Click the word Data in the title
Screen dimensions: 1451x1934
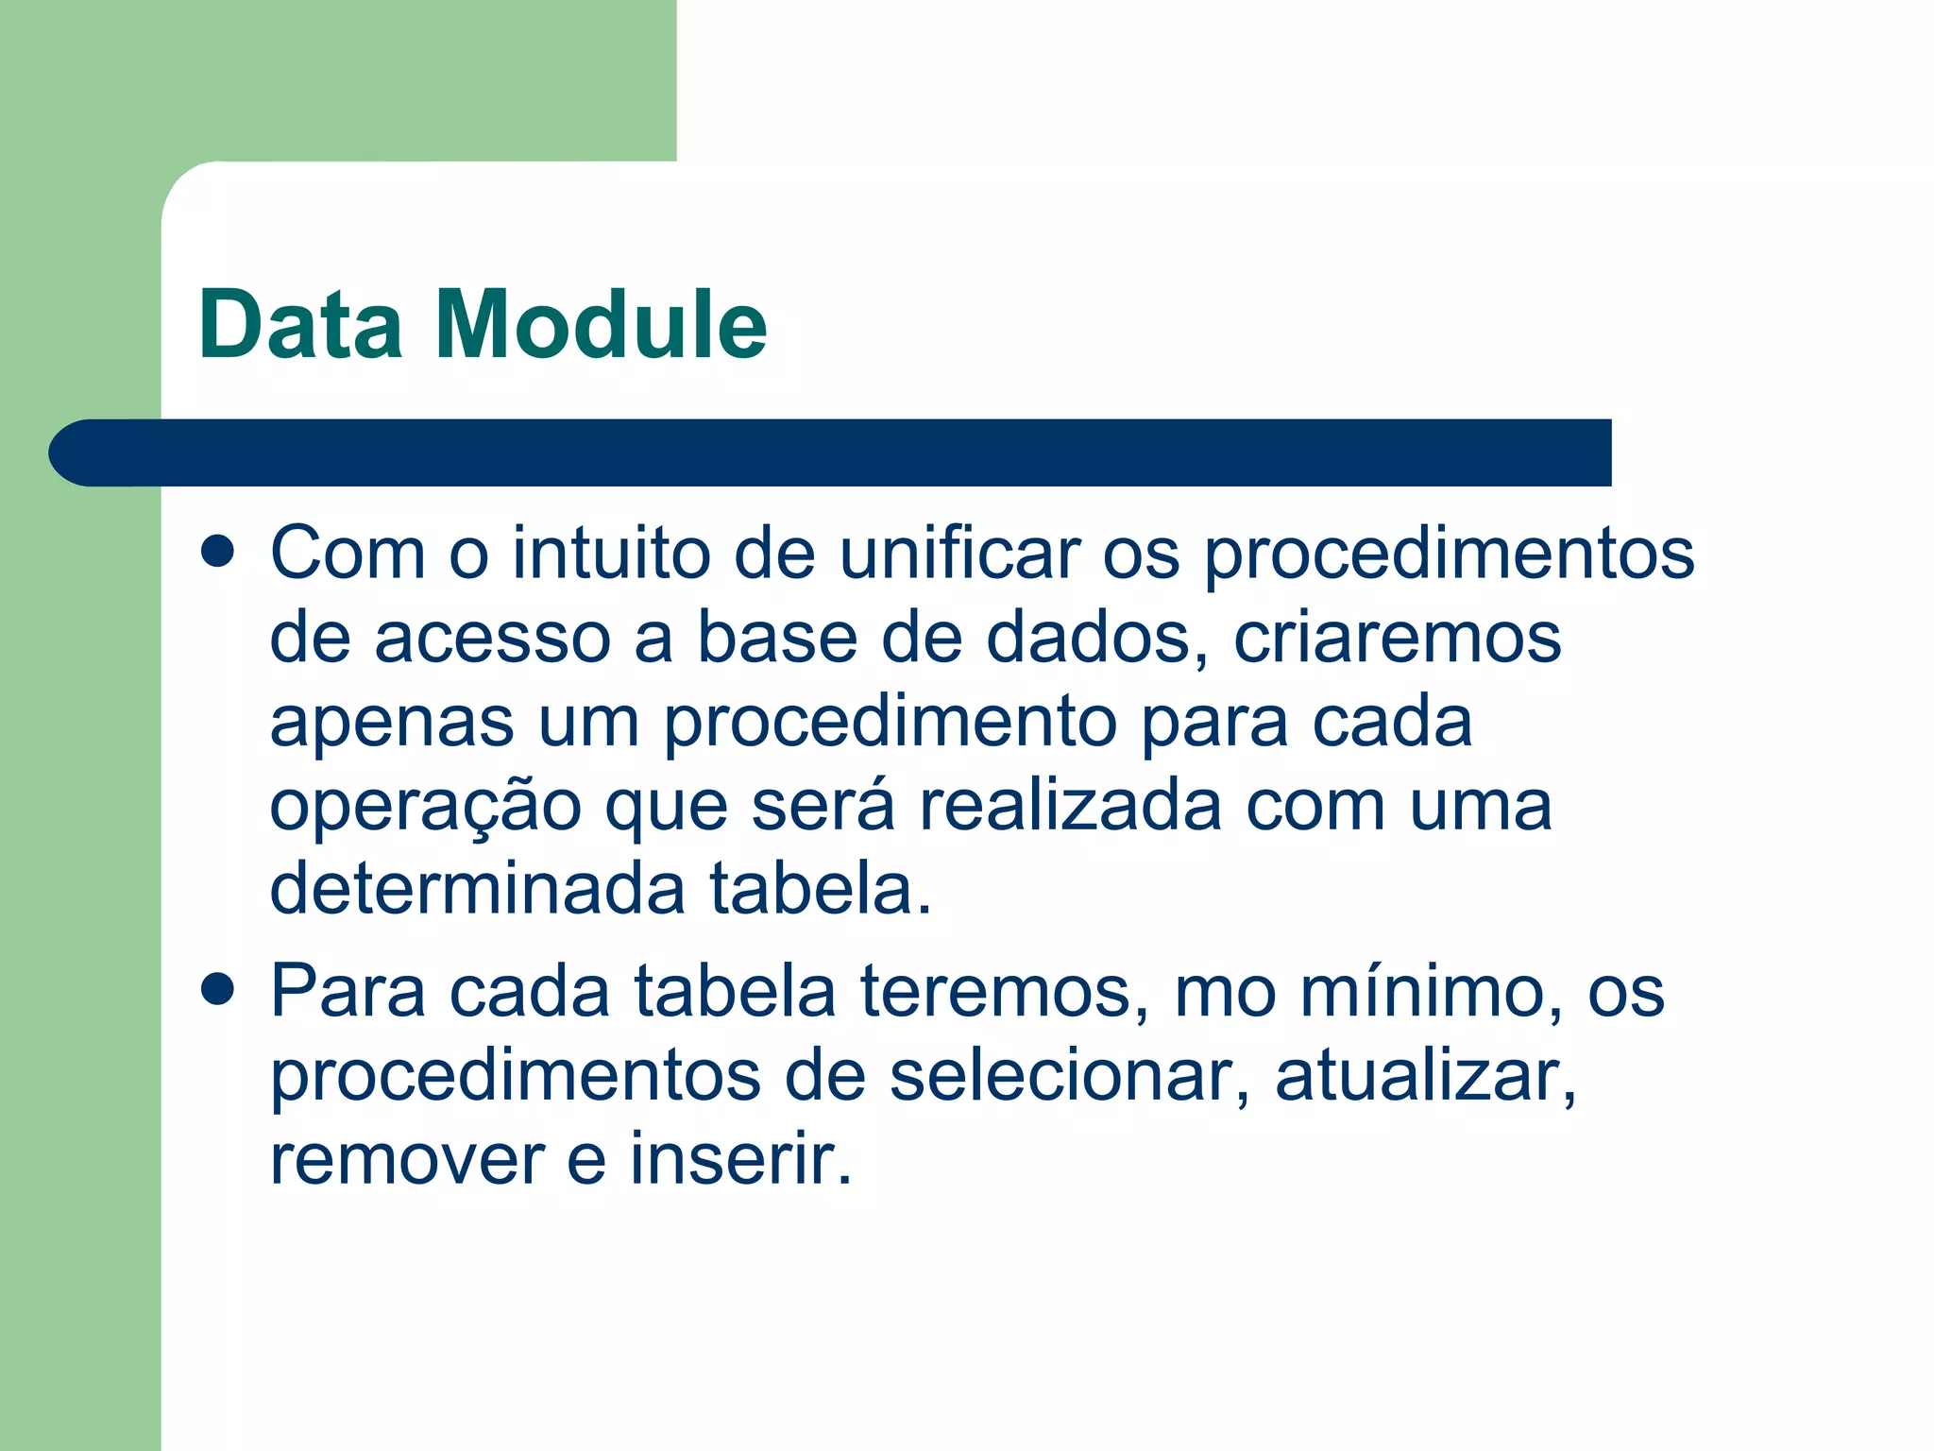point(300,325)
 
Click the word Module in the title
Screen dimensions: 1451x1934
point(601,325)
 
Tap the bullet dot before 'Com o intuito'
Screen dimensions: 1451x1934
point(218,552)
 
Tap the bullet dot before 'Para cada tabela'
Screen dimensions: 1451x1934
point(218,990)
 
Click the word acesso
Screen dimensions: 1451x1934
point(493,638)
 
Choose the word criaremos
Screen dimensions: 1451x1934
point(1398,638)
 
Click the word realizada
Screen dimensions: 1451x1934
point(1071,806)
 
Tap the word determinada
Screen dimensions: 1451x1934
point(478,889)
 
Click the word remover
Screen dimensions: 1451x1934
point(407,1160)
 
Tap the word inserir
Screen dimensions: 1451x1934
point(741,1158)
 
